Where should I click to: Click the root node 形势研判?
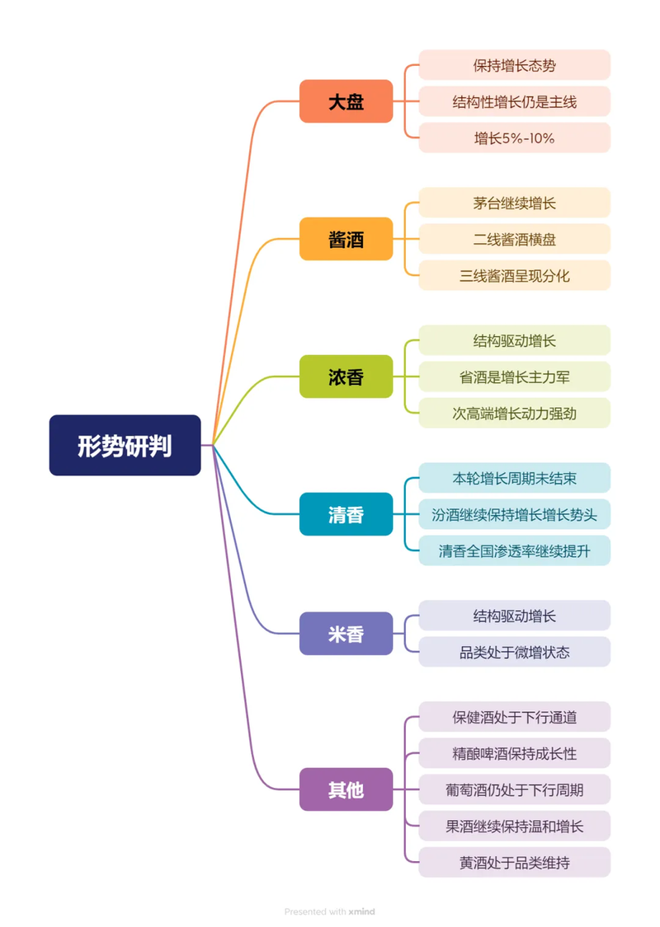(125, 446)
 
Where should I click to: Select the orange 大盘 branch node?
(346, 102)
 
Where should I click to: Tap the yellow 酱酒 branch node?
(346, 240)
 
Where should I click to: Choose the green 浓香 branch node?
(346, 377)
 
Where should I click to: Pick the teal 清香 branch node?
(346, 515)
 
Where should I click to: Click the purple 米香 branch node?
(346, 634)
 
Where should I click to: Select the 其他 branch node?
(346, 789)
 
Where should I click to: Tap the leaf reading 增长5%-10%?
(514, 138)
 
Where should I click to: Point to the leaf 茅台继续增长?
(514, 203)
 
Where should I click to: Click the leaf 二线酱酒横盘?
(514, 239)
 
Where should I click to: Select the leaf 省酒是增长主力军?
(514, 377)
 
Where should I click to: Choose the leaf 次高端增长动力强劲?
(514, 413)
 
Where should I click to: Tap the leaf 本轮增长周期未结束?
(514, 478)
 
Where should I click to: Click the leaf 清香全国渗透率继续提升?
(514, 550)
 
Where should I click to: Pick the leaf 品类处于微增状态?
(514, 652)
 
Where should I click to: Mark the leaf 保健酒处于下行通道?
(514, 717)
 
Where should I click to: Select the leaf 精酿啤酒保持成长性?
(514, 753)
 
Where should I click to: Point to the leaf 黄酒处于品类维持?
(514, 863)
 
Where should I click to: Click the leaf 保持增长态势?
(514, 65)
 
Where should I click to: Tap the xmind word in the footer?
(361, 911)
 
